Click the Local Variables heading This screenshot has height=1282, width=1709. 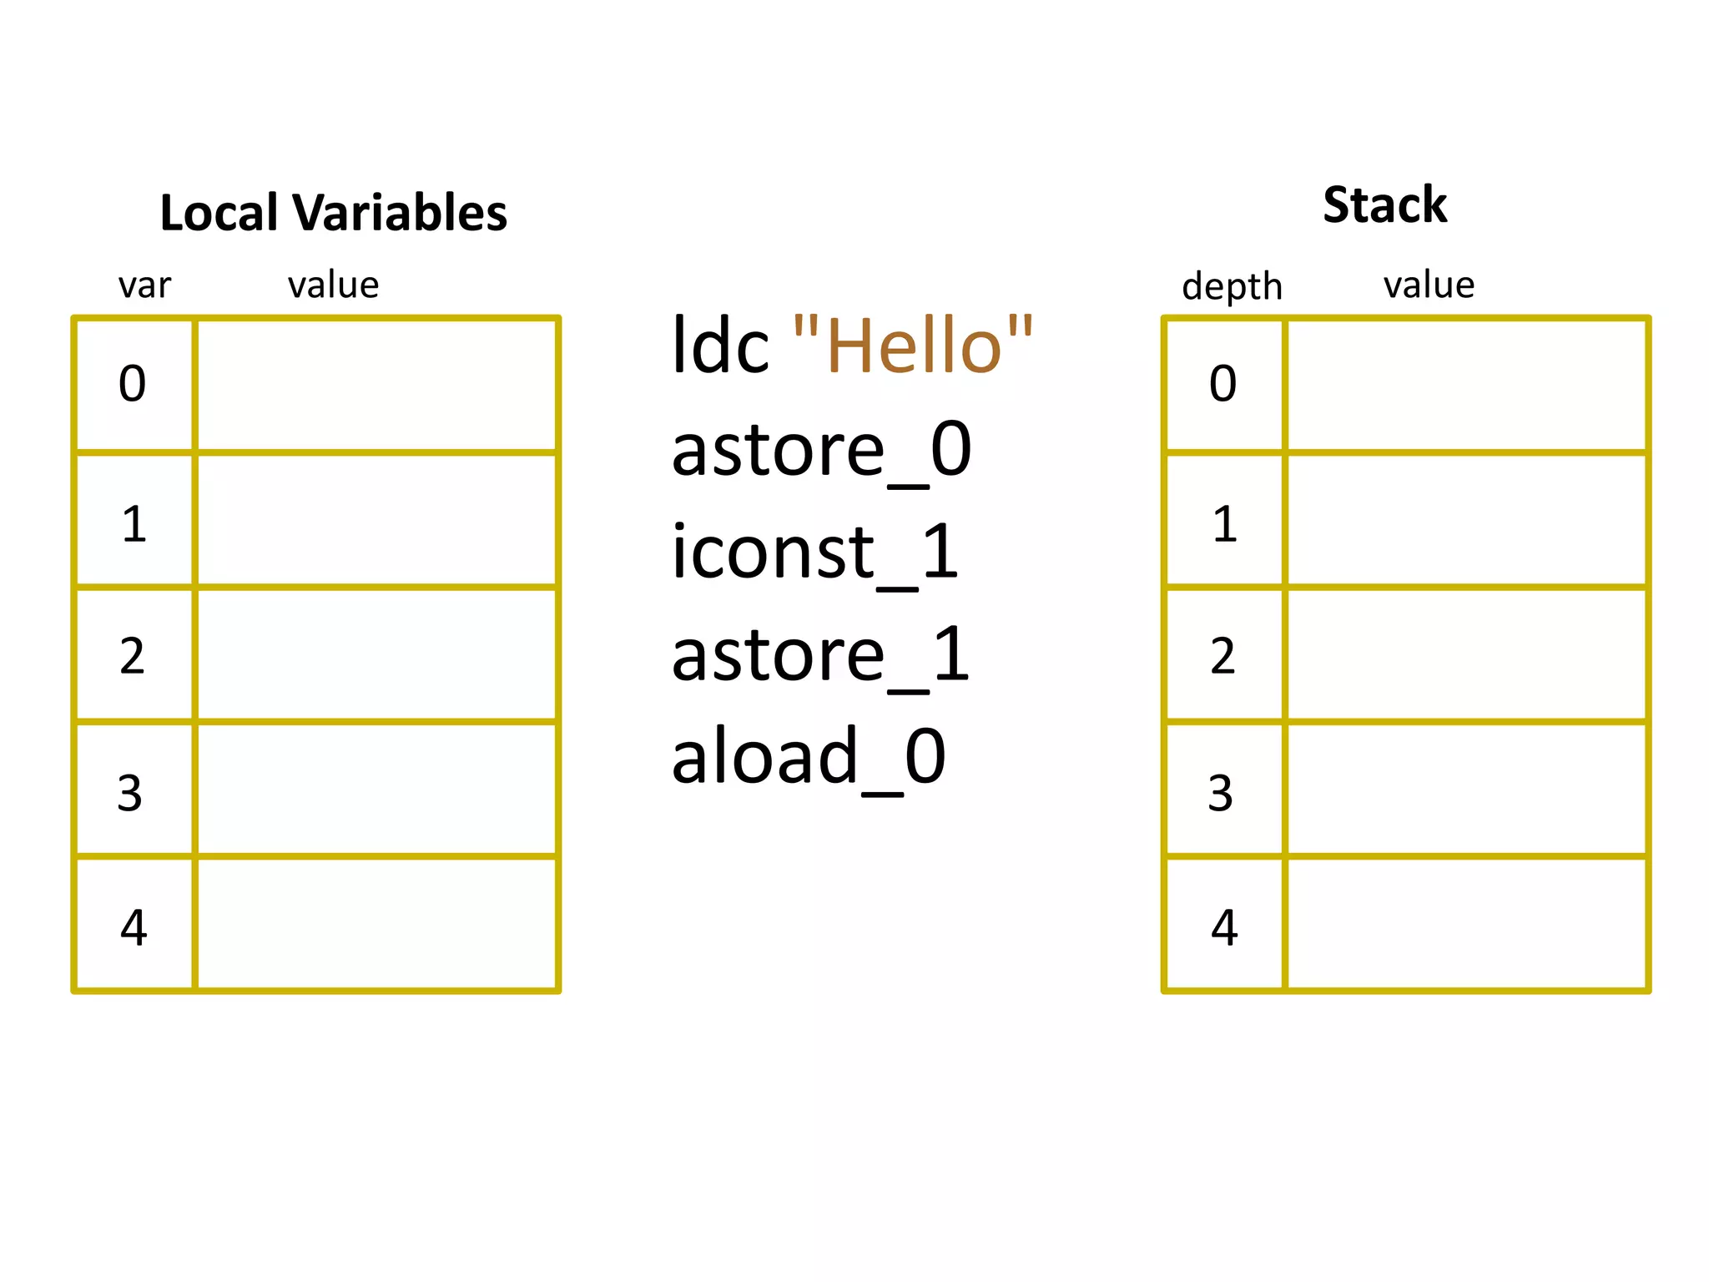[x=333, y=213]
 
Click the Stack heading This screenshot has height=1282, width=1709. [x=1384, y=205]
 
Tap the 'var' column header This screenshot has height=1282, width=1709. [x=144, y=285]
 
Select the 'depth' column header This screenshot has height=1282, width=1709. [x=1232, y=286]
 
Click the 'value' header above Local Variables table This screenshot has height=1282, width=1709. [x=333, y=285]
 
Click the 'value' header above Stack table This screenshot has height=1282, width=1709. [x=1429, y=285]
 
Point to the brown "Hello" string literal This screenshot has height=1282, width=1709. [x=913, y=346]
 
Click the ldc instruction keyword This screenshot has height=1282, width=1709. [x=719, y=346]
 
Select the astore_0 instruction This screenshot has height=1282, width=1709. [x=821, y=451]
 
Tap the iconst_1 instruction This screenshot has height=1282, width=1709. [x=814, y=553]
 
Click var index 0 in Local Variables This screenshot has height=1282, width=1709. [x=133, y=384]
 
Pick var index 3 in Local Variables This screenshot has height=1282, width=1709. [x=130, y=792]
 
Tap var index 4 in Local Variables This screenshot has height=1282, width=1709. [x=134, y=927]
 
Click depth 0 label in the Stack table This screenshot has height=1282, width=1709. [x=1223, y=384]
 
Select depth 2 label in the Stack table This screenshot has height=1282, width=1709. [x=1223, y=656]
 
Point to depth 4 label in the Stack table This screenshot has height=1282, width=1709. [x=1224, y=927]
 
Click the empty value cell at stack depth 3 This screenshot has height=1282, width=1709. [x=1466, y=790]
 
